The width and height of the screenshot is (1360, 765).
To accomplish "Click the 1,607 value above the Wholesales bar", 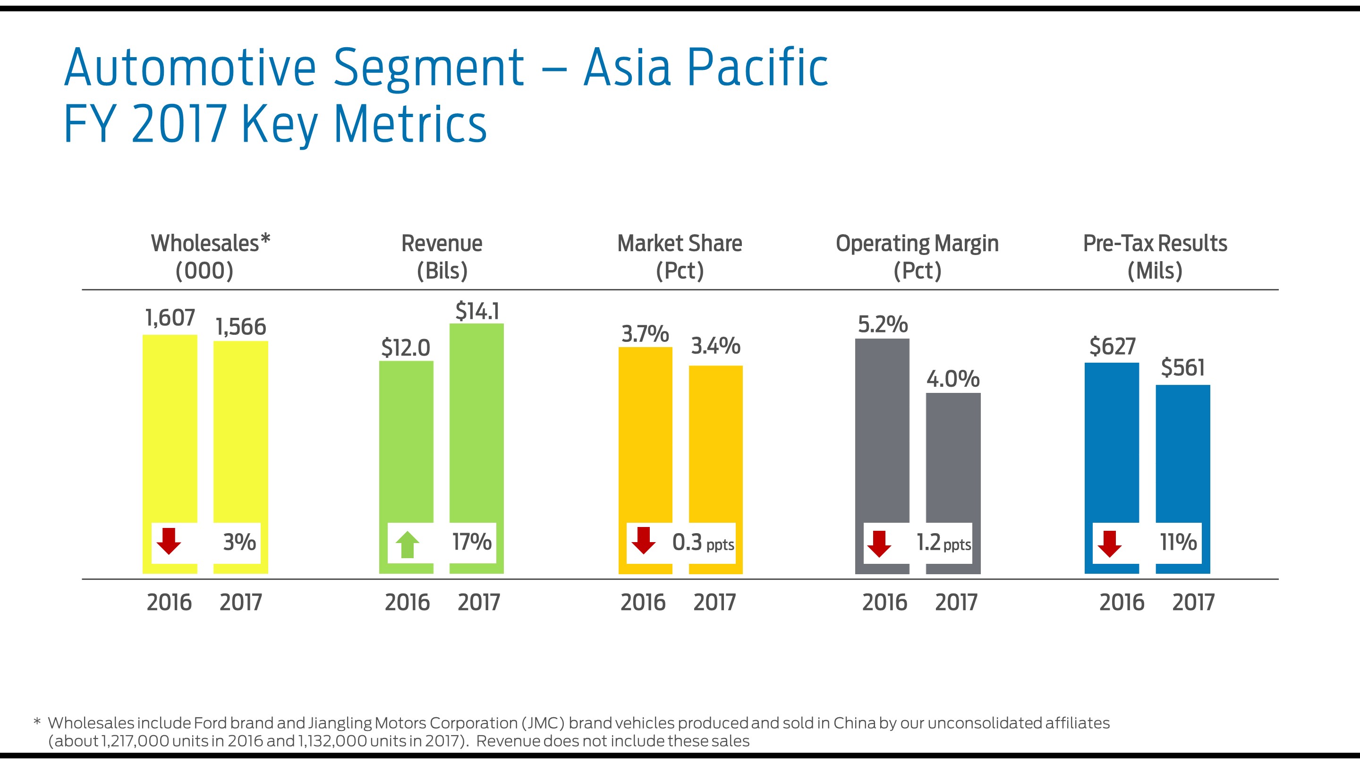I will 170,318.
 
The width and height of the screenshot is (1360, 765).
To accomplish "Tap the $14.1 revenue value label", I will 477,311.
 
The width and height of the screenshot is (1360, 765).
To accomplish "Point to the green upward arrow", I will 407,544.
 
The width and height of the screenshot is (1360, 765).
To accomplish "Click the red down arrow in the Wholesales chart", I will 169,541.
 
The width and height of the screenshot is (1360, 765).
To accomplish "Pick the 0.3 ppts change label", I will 703,543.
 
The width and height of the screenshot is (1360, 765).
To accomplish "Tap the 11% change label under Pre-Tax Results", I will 1178,542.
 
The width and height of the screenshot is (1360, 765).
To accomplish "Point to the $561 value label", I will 1182,367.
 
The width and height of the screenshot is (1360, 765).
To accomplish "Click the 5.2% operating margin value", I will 882,324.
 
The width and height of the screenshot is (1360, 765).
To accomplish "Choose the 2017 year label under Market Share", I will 714,603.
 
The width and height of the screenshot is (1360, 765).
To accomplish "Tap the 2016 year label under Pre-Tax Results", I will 1122,603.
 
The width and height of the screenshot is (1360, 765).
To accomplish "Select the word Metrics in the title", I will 410,124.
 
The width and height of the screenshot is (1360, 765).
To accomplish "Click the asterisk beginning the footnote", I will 37,722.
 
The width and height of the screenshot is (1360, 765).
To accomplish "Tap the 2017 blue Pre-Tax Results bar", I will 1182,454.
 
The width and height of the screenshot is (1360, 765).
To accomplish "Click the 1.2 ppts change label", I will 943,543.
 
